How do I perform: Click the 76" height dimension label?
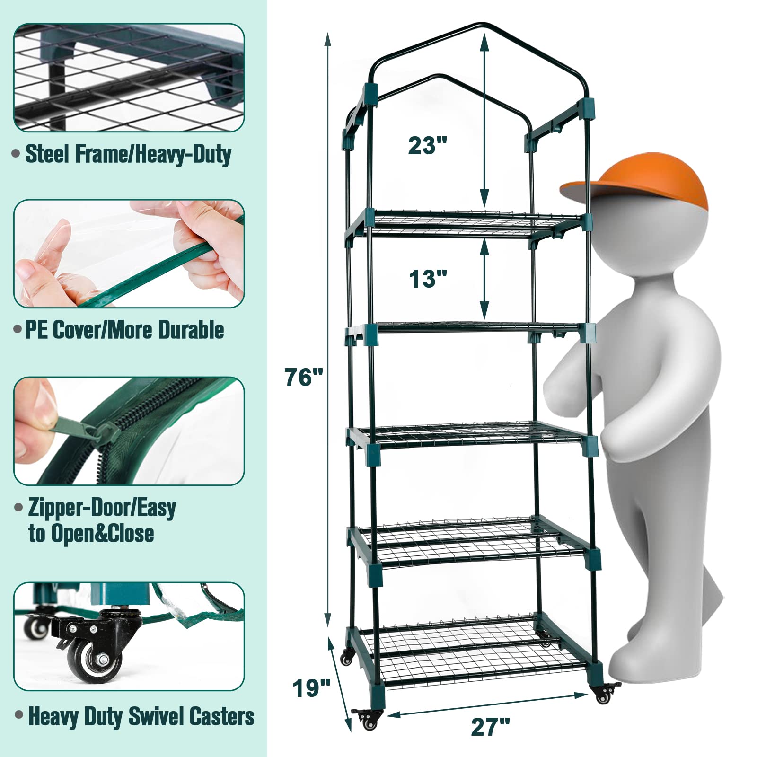pos(304,378)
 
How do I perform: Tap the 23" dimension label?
pos(428,145)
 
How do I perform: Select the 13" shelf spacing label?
pos(428,279)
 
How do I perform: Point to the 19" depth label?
pos(311,688)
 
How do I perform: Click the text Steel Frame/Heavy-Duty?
pos(128,154)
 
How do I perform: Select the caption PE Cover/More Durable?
pos(124,330)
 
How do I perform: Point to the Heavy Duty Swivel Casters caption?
pos(141,716)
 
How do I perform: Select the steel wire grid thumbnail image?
pos(129,78)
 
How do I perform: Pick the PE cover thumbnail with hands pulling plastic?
pos(129,254)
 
